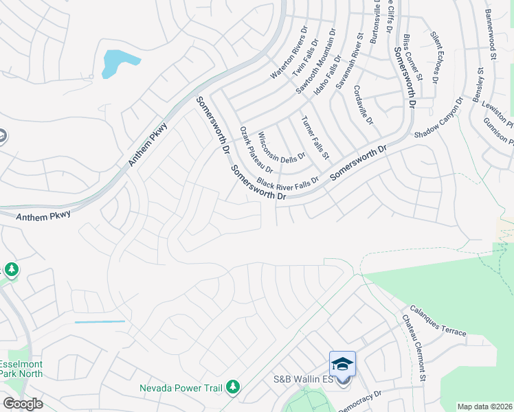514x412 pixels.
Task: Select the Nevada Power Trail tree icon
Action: pos(234,388)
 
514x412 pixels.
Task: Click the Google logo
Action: pos(23,404)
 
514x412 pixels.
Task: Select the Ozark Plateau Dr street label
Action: pos(257,149)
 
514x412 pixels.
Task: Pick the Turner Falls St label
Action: pos(315,135)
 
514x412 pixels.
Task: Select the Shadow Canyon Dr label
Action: pos(439,120)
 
